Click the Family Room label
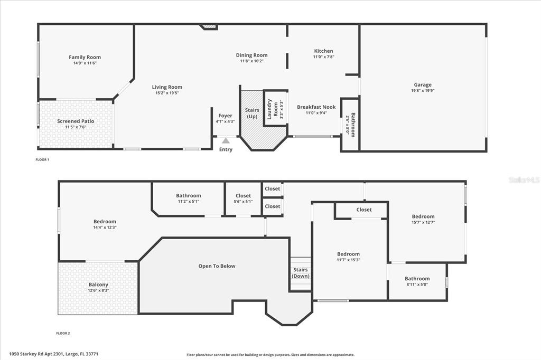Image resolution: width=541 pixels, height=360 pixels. [85, 58]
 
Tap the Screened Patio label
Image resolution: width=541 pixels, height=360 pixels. [76, 121]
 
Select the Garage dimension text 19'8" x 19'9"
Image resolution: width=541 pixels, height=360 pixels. [422, 91]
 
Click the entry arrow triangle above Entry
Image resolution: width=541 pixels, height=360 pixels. [226, 140]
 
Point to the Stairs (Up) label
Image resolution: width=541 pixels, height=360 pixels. [252, 113]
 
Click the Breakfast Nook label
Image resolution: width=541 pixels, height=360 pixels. [316, 107]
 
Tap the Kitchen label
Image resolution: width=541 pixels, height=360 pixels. [323, 51]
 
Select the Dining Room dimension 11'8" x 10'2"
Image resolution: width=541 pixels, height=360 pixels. [251, 61]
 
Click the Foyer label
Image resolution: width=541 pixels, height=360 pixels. [225, 116]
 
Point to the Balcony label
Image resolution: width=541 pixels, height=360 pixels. [98, 285]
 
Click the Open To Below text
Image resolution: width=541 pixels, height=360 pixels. [217, 266]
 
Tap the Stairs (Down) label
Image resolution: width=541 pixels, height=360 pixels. [301, 273]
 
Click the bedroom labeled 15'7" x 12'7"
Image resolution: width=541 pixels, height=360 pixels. [423, 216]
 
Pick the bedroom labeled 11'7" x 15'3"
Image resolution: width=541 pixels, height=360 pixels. [348, 254]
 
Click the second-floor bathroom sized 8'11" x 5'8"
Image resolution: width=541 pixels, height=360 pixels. [417, 279]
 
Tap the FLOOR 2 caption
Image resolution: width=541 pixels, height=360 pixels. [63, 333]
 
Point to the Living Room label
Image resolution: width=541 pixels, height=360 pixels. [167, 87]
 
